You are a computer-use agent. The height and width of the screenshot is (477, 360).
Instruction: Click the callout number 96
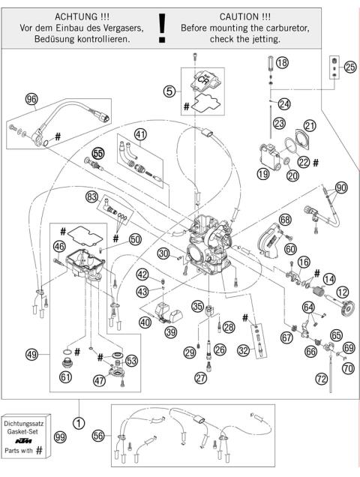point(31,98)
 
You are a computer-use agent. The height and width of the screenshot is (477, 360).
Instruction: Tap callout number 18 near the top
point(281,64)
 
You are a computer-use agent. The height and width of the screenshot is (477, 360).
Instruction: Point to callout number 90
point(341,187)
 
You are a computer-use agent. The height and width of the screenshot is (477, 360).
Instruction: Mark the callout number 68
point(285,220)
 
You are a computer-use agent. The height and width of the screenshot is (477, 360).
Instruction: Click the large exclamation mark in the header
point(161,26)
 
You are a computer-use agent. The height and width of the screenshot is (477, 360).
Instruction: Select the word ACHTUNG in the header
point(68,14)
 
